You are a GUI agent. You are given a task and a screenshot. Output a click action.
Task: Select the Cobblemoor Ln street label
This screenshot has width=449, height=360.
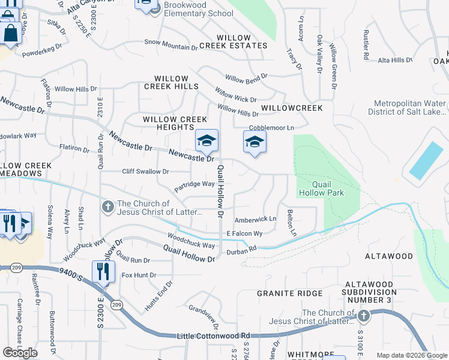(x=272, y=128)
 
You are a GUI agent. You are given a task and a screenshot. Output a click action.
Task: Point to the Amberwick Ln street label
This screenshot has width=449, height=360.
(x=255, y=220)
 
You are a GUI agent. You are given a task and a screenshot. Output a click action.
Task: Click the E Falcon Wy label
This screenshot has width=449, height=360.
(x=244, y=233)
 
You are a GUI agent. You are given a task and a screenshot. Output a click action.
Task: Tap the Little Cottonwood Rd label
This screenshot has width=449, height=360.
(x=213, y=336)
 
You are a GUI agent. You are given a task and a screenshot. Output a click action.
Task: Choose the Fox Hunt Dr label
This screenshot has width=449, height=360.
(x=139, y=275)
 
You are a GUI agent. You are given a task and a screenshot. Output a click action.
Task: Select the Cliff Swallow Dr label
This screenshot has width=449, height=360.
(x=146, y=172)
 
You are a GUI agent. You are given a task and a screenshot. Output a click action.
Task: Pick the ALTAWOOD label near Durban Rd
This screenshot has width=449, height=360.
(x=389, y=256)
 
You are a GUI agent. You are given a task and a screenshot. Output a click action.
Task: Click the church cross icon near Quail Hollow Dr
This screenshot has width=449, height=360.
(x=107, y=207)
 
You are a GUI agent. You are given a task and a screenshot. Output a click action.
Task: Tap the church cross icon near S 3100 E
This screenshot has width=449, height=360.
(x=363, y=315)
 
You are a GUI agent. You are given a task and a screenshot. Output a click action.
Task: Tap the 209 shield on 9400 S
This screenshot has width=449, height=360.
(x=117, y=305)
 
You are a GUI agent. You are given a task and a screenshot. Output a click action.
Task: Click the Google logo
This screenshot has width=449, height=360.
(x=20, y=353)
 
